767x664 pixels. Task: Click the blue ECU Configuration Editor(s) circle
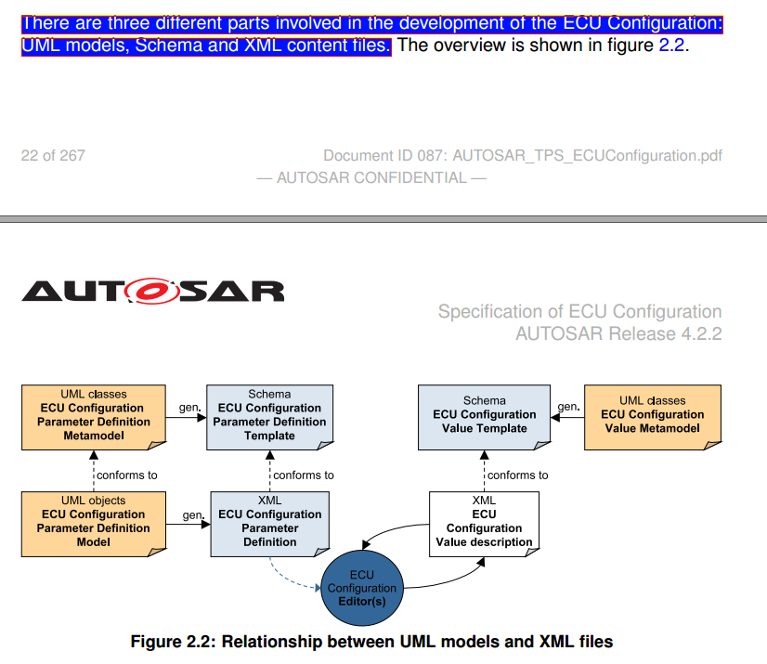click(x=362, y=588)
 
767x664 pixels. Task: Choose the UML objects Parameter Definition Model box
click(x=93, y=521)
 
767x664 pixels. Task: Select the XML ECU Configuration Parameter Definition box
click(x=269, y=521)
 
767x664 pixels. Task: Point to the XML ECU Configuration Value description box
click(x=484, y=521)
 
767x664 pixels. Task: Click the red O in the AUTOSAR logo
click(x=154, y=293)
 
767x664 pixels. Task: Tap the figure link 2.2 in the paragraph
click(x=671, y=45)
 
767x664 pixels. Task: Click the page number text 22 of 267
click(x=53, y=156)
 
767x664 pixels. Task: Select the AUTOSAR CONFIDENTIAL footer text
click(x=371, y=177)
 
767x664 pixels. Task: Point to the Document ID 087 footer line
click(x=522, y=156)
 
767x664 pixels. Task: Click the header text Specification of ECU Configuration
click(x=579, y=312)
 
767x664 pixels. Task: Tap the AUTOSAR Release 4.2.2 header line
click(x=618, y=333)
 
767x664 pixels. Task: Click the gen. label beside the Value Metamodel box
click(x=568, y=406)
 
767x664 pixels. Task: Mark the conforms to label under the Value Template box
click(x=517, y=475)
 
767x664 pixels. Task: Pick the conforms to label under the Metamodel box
click(x=126, y=475)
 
